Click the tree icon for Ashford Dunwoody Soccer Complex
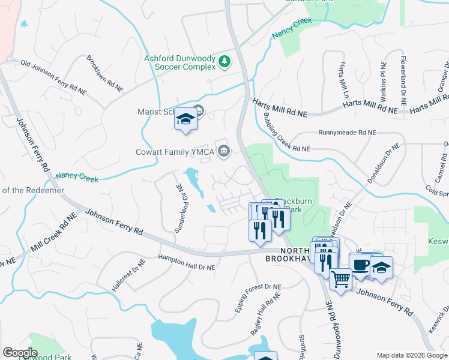pyautogui.click(x=224, y=61)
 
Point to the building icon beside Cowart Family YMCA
pyautogui.click(x=224, y=149)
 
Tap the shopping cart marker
pyautogui.click(x=340, y=279)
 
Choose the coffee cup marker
pyautogui.click(x=360, y=265)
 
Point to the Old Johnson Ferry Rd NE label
pyautogui.click(x=53, y=75)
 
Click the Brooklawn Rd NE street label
pyautogui.click(x=104, y=74)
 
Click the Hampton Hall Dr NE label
pyautogui.click(x=186, y=262)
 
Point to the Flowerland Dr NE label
pyautogui.click(x=403, y=82)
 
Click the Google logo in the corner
pyautogui.click(x=20, y=353)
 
